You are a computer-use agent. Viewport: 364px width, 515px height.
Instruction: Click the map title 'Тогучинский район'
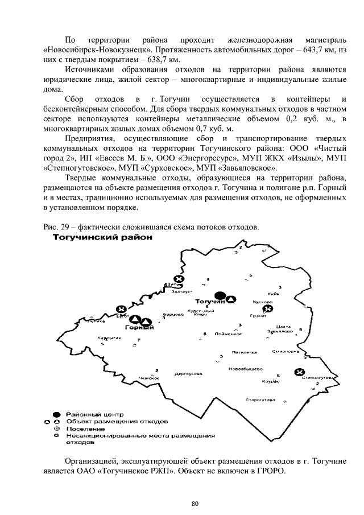coord(103,238)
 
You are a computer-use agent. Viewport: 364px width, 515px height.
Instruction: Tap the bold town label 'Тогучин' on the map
coord(206,300)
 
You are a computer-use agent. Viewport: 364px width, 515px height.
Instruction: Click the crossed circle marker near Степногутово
coord(299,372)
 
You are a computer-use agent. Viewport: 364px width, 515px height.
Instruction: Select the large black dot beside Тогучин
coord(224,296)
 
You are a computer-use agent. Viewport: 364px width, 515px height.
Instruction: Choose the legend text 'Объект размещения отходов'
coord(117,422)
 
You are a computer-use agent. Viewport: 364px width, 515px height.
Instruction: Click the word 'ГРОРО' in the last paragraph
coord(267,471)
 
